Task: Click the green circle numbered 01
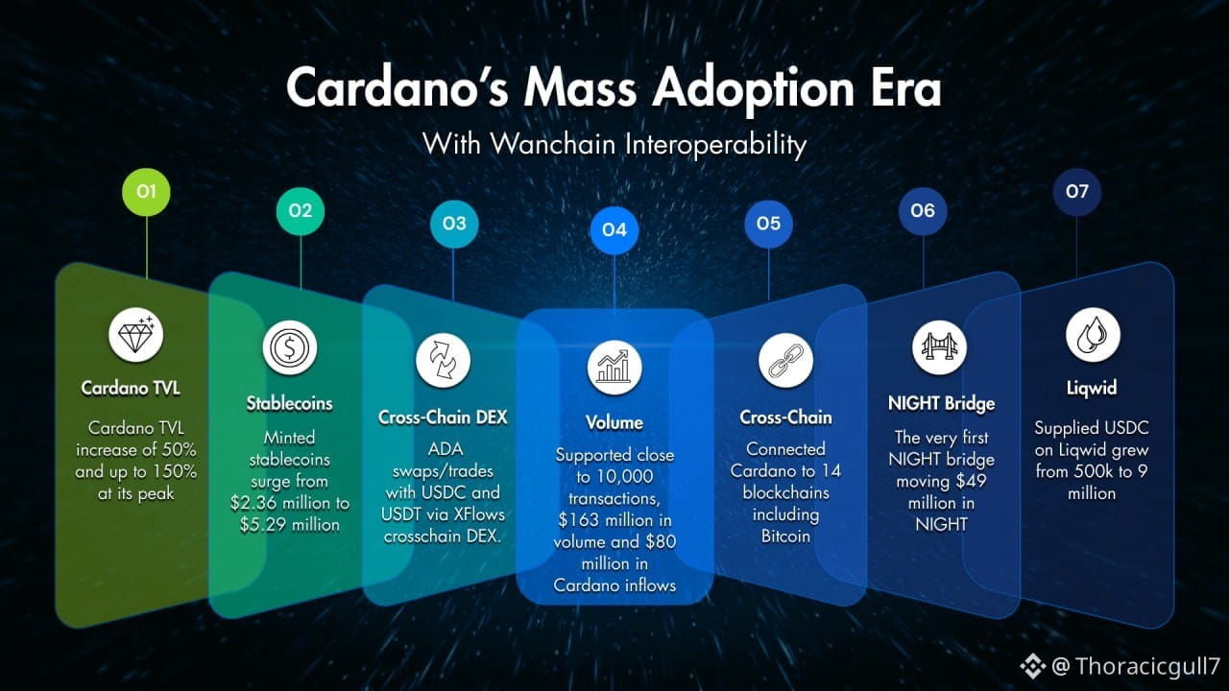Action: [x=146, y=192]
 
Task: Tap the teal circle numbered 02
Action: [x=301, y=211]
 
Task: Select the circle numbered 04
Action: [x=614, y=230]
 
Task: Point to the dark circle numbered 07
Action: [x=1076, y=192]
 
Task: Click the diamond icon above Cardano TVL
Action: [x=136, y=335]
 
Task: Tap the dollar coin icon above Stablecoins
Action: [x=290, y=347]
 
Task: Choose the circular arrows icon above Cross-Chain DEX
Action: [x=443, y=360]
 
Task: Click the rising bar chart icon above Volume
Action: [x=614, y=368]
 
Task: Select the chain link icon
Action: [x=785, y=360]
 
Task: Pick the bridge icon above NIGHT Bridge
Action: [x=939, y=347]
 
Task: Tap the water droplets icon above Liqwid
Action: [x=1093, y=335]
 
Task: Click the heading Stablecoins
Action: [x=290, y=404]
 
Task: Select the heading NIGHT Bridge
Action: [x=942, y=404]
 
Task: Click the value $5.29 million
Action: [x=290, y=525]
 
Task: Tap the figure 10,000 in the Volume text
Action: [x=625, y=477]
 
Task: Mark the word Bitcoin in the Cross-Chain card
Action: [x=785, y=536]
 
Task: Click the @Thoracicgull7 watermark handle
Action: [x=1136, y=666]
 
